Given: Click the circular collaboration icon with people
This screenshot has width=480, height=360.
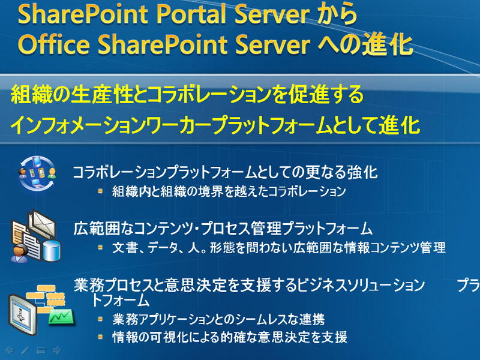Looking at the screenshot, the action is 37,173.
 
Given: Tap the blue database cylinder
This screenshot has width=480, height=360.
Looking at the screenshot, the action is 52,251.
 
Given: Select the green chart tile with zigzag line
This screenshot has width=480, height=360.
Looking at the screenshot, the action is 62,317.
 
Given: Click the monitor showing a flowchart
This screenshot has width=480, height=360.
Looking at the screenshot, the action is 22,314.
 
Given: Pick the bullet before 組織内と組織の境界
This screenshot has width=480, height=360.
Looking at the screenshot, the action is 100,191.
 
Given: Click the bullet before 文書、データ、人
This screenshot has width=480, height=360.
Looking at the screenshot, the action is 100,247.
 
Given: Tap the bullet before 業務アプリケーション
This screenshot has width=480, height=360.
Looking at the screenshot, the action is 100,319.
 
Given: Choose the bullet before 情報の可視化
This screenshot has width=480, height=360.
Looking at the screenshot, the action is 100,337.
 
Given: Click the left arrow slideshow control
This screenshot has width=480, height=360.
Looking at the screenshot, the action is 10,350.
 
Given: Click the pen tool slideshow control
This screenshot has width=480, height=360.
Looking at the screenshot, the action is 25,350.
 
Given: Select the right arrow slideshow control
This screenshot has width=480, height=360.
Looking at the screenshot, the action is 57,350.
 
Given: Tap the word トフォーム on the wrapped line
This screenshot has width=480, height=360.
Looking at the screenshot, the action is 121,300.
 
